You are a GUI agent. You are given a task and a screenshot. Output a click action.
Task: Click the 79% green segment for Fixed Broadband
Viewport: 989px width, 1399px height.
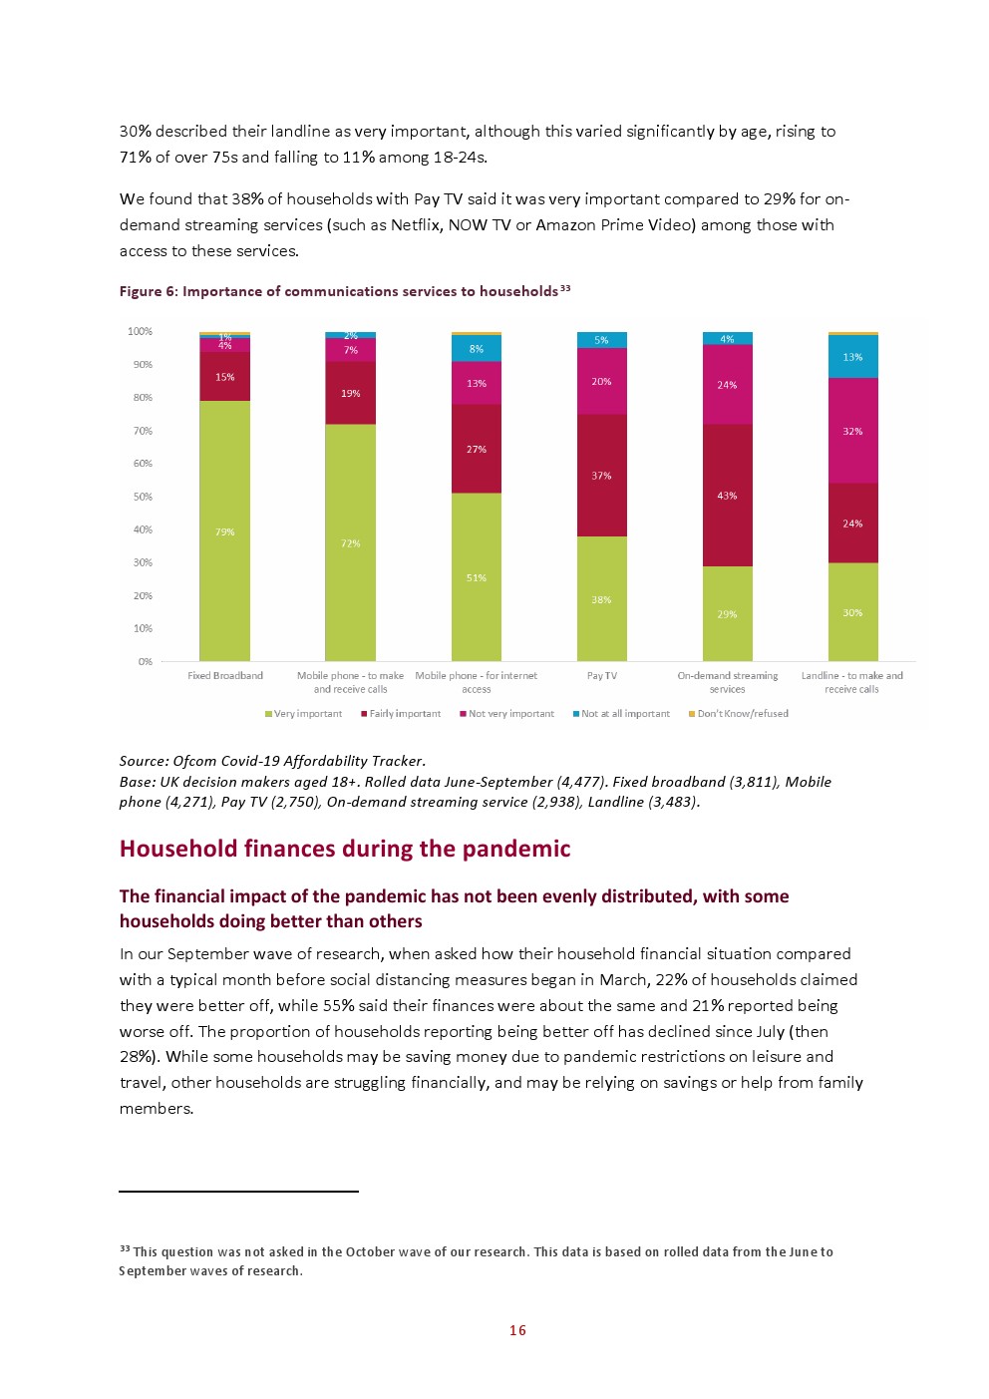(x=224, y=530)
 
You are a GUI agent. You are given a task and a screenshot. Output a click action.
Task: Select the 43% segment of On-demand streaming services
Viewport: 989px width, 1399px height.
(x=727, y=495)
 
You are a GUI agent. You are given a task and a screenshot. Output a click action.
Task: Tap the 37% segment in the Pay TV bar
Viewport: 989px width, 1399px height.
(x=601, y=475)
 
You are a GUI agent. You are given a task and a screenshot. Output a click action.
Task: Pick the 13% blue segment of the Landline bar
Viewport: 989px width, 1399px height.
(x=852, y=356)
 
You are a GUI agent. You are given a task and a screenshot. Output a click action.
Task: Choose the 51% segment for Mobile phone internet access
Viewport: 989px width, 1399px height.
(x=476, y=576)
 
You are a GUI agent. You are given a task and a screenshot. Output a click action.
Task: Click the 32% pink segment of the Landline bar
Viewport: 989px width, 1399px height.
(x=852, y=431)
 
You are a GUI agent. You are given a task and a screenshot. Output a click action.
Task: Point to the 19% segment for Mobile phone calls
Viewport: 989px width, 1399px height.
(x=350, y=393)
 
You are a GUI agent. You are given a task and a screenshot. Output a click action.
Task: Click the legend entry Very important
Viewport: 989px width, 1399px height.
(x=304, y=714)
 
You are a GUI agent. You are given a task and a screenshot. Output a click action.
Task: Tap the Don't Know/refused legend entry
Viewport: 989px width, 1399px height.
(x=739, y=714)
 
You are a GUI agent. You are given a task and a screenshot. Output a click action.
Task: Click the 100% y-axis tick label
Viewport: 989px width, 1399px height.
(x=141, y=331)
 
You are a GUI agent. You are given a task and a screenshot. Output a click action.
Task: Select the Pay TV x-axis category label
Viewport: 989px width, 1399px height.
(x=601, y=676)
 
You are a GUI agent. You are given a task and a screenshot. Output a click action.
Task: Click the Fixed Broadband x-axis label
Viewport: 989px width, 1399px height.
(x=225, y=676)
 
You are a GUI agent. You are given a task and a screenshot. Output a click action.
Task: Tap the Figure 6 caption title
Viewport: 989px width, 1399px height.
(x=339, y=291)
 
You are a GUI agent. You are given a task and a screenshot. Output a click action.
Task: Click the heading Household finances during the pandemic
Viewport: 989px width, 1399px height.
(x=345, y=849)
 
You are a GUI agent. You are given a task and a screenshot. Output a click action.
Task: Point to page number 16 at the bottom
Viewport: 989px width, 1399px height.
(x=517, y=1330)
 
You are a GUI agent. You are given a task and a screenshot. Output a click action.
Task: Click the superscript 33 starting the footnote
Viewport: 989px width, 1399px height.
(x=125, y=1248)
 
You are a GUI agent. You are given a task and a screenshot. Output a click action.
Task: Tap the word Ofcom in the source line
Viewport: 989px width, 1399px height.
(x=195, y=761)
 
